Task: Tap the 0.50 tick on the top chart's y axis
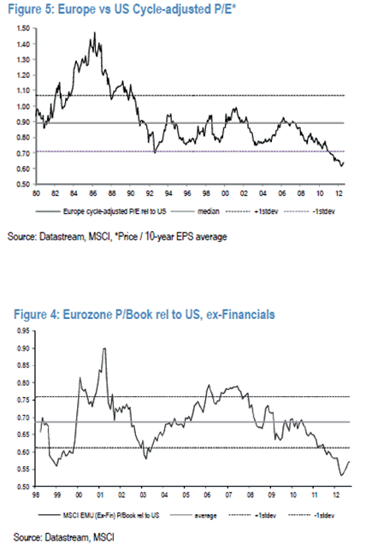[22, 184]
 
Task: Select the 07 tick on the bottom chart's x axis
[232, 496]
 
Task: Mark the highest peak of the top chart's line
[91, 33]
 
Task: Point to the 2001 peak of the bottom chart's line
[103, 349]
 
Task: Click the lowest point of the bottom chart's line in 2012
[341, 476]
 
